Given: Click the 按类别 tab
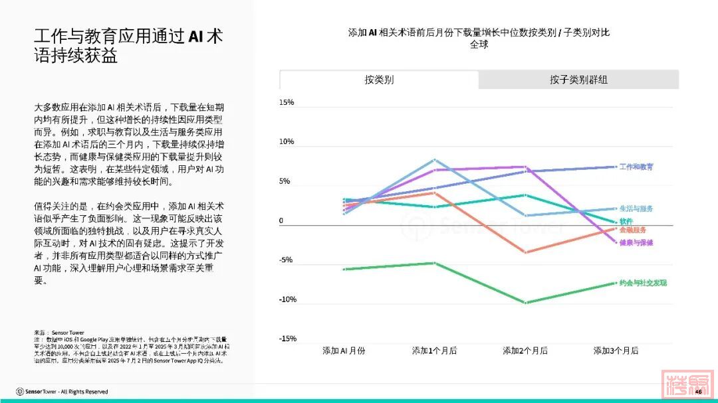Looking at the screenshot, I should tap(379, 80).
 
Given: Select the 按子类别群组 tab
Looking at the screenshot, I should tap(578, 80).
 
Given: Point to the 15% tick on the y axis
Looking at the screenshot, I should tap(287, 103).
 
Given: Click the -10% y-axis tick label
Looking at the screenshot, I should tap(286, 299).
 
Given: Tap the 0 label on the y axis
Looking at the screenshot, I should tap(281, 221).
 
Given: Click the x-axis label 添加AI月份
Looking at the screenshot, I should tap(344, 351).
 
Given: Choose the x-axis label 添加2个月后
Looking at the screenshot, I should tap(525, 351).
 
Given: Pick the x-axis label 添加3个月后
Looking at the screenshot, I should tap(616, 351).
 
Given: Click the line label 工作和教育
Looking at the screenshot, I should tap(636, 167).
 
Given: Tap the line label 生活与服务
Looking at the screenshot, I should tap(636, 208).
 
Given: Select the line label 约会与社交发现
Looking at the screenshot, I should tap(643, 283).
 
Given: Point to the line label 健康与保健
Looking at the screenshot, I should tap(636, 242).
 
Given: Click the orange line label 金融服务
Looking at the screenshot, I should tap(633, 230).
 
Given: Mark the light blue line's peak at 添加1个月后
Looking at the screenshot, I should tap(434, 160).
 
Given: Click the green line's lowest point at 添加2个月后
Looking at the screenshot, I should tap(525, 303).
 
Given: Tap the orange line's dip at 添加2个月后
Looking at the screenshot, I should tap(525, 252).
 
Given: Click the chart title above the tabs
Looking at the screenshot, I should tap(479, 38).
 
